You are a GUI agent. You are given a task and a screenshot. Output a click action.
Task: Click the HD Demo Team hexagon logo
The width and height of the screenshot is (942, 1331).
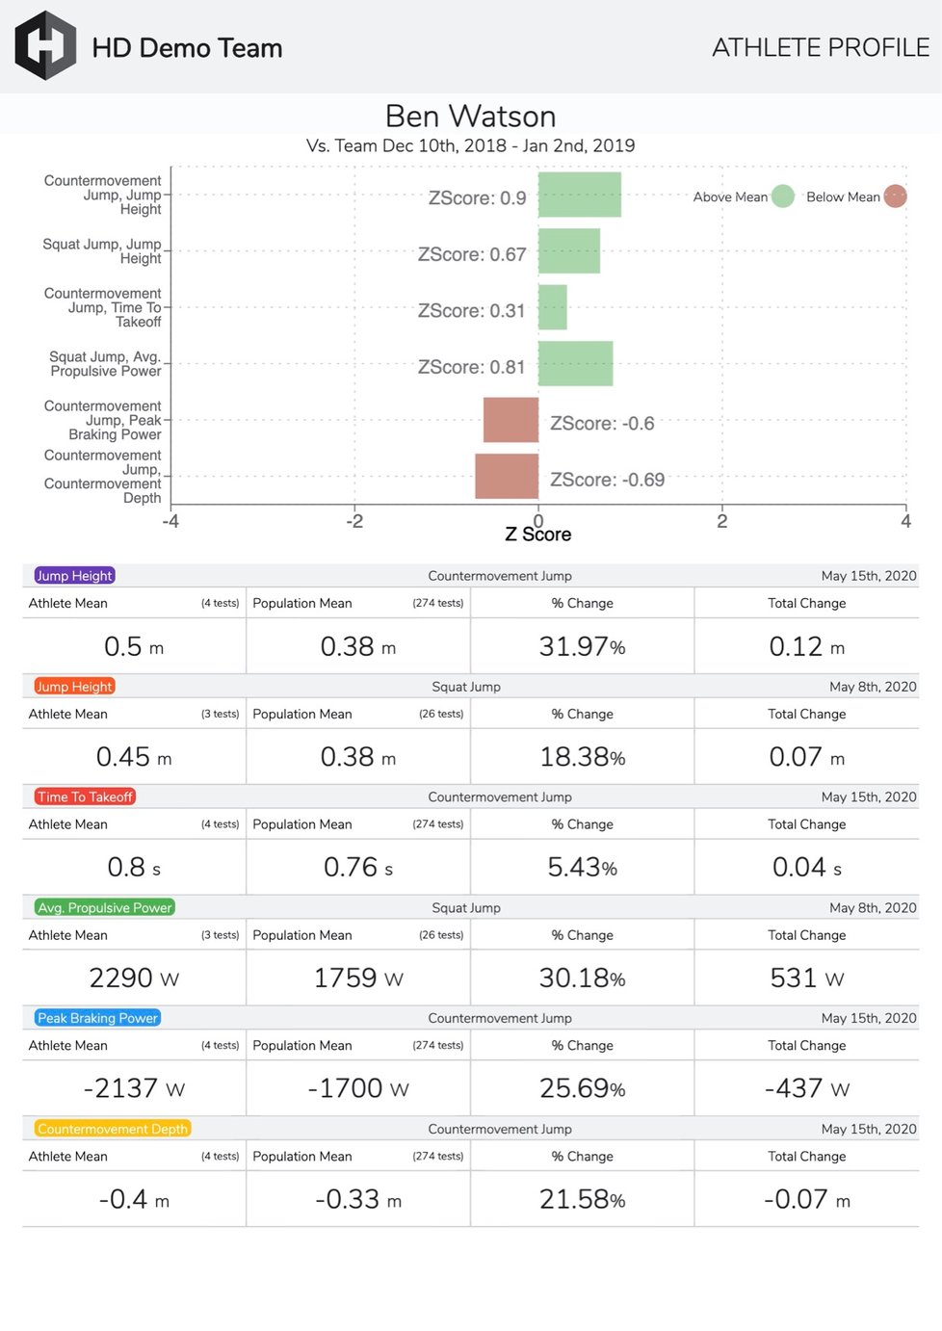pyautogui.click(x=45, y=46)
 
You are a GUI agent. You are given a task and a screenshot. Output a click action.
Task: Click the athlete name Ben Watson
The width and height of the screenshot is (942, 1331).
pyautogui.click(x=470, y=117)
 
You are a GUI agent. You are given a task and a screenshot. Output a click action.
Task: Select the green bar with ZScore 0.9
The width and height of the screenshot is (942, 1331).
pyautogui.click(x=579, y=195)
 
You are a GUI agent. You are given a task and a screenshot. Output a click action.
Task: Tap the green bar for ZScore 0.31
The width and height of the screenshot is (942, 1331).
pyautogui.click(x=552, y=307)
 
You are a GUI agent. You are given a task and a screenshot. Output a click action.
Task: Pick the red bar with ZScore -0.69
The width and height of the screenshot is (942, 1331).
pyautogui.click(x=507, y=476)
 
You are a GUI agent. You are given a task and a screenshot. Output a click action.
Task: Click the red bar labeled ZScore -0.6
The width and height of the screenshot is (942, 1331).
pyautogui.click(x=510, y=420)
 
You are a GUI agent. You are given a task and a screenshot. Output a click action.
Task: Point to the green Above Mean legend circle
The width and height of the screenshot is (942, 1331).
pyautogui.click(x=783, y=196)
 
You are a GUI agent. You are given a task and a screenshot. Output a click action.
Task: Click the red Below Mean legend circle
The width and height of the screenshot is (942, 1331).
pyautogui.click(x=895, y=196)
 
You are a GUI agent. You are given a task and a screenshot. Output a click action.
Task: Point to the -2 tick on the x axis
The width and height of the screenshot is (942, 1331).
pyautogui.click(x=354, y=521)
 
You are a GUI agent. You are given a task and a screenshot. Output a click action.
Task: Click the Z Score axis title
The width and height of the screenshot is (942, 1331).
pyautogui.click(x=537, y=535)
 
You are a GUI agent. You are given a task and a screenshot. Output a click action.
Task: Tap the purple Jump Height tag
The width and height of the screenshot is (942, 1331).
pyautogui.click(x=75, y=576)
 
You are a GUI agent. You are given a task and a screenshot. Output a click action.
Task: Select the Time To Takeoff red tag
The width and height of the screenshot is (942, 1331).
pyautogui.click(x=85, y=796)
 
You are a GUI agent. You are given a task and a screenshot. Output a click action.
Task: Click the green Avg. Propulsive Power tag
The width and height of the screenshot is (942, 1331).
pyautogui.click(x=104, y=907)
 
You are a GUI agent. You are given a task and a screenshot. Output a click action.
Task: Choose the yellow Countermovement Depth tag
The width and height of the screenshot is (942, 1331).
pyautogui.click(x=113, y=1129)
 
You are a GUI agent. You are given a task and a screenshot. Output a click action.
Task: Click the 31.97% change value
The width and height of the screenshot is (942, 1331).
pyautogui.click(x=582, y=646)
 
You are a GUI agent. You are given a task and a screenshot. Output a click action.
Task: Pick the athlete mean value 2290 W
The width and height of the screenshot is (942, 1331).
pyautogui.click(x=134, y=978)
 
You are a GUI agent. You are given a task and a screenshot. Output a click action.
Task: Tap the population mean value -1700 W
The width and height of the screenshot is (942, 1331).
pyautogui.click(x=357, y=1088)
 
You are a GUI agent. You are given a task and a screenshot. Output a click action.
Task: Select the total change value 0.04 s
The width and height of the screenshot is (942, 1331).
pyautogui.click(x=806, y=868)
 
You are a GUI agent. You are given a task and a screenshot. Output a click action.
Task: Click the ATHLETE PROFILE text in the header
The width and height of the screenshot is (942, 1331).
pyautogui.click(x=821, y=47)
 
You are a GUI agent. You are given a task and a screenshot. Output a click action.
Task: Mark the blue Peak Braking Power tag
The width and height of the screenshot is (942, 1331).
pyautogui.click(x=97, y=1018)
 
